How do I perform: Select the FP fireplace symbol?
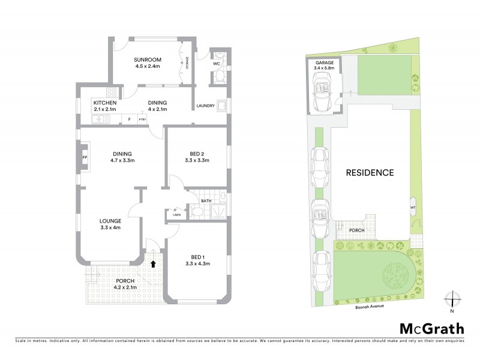click(x=85, y=158)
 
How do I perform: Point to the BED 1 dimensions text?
click(x=197, y=263)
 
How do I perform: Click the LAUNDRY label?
click(x=205, y=107)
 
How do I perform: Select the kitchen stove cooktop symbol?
click(x=111, y=92)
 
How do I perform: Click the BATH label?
click(x=206, y=201)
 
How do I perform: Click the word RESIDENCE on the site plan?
click(x=370, y=173)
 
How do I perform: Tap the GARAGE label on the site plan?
click(x=325, y=62)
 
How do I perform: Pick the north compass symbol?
click(x=452, y=298)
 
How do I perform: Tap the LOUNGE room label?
click(x=111, y=220)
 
